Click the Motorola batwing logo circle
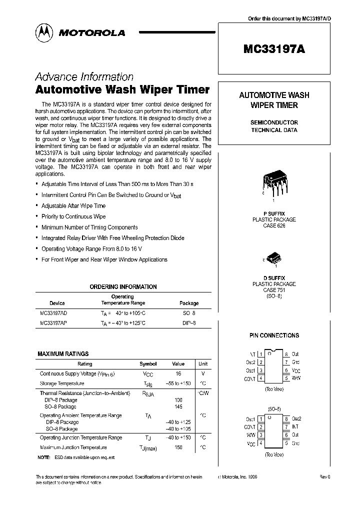[43, 32]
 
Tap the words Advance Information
[84, 77]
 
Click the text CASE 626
[274, 225]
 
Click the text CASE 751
[274, 290]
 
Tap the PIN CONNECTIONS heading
[274, 335]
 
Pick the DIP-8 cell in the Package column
[188, 323]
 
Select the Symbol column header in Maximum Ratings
[148, 364]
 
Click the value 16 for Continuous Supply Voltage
[178, 373]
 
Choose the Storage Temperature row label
[62, 383]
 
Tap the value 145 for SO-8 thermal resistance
[178, 406]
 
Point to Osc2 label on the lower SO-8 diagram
[296, 418]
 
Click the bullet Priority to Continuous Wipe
[73, 216]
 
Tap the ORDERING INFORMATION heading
[123, 287]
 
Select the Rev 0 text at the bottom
[325, 477]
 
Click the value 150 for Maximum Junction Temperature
[178, 447]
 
